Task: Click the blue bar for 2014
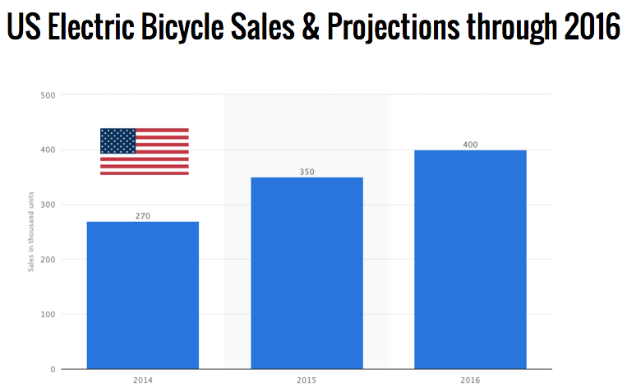(142, 295)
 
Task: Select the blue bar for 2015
(307, 273)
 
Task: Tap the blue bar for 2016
(470, 260)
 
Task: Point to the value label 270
(142, 216)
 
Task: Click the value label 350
(307, 172)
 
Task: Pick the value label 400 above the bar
(470, 145)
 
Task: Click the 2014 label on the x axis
(142, 380)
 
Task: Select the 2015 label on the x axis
(307, 380)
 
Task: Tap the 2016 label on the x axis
(470, 380)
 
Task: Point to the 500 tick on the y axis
(48, 95)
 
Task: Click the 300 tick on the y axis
(48, 205)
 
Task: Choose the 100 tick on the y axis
(48, 315)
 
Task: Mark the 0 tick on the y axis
(52, 370)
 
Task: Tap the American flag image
(145, 151)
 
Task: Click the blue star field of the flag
(118, 140)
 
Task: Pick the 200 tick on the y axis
(48, 260)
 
